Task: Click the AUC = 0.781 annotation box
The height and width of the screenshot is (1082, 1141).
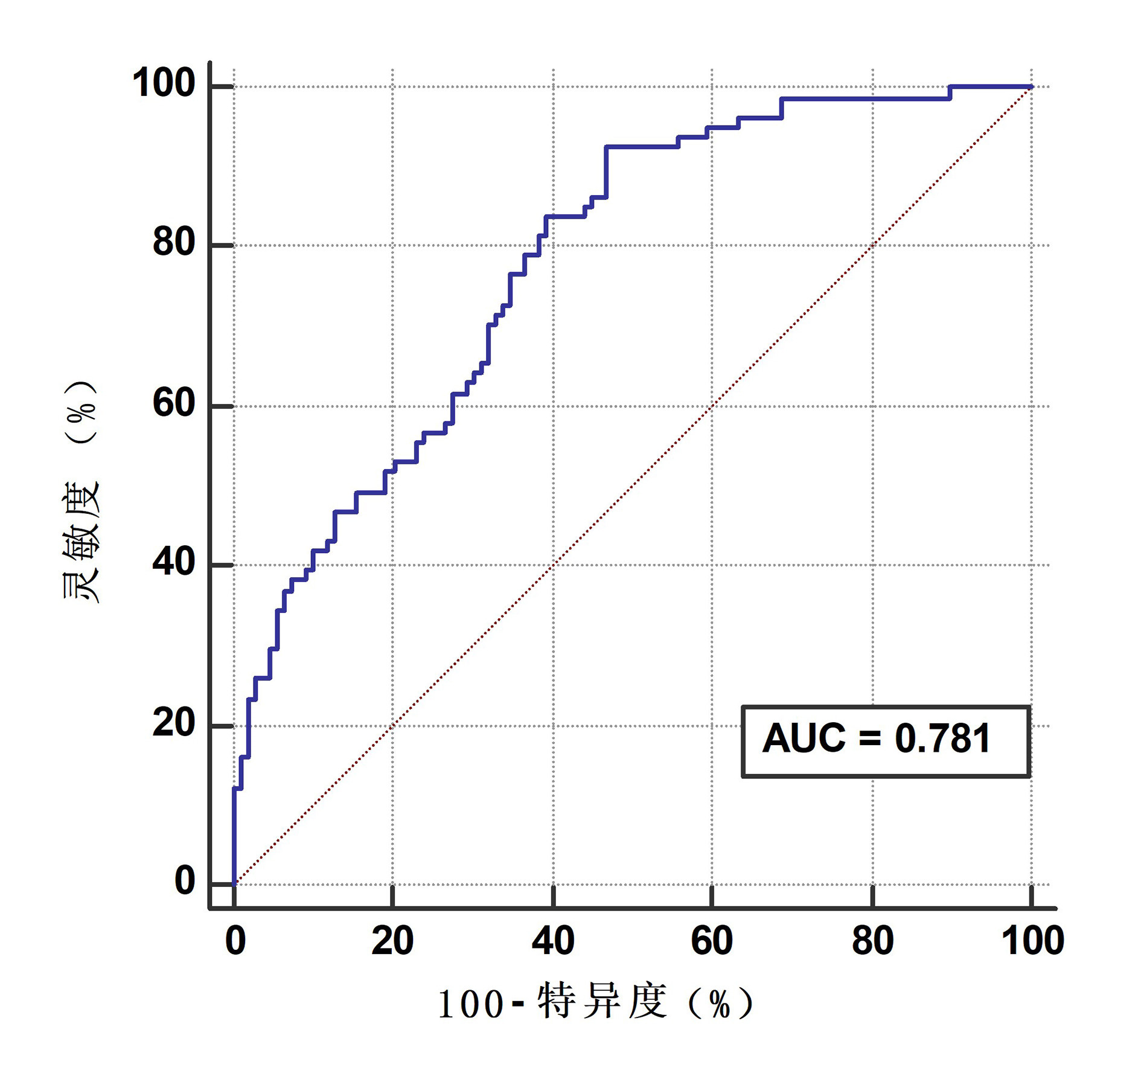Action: pyautogui.click(x=885, y=741)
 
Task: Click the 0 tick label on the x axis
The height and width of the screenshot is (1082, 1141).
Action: pyautogui.click(x=235, y=941)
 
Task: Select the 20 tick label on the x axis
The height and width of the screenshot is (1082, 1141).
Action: pyautogui.click(x=392, y=941)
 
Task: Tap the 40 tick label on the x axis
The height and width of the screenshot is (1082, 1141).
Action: pyautogui.click(x=553, y=941)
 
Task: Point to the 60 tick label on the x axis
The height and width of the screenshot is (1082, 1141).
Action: pyautogui.click(x=712, y=941)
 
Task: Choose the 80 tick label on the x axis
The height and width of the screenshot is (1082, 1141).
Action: pyautogui.click(x=872, y=941)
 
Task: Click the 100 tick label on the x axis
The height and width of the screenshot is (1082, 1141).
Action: pyautogui.click(x=1032, y=941)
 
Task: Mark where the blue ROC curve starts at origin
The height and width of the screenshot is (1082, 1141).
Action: pyautogui.click(x=234, y=884)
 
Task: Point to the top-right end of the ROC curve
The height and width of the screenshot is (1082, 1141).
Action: pyautogui.click(x=1031, y=87)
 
